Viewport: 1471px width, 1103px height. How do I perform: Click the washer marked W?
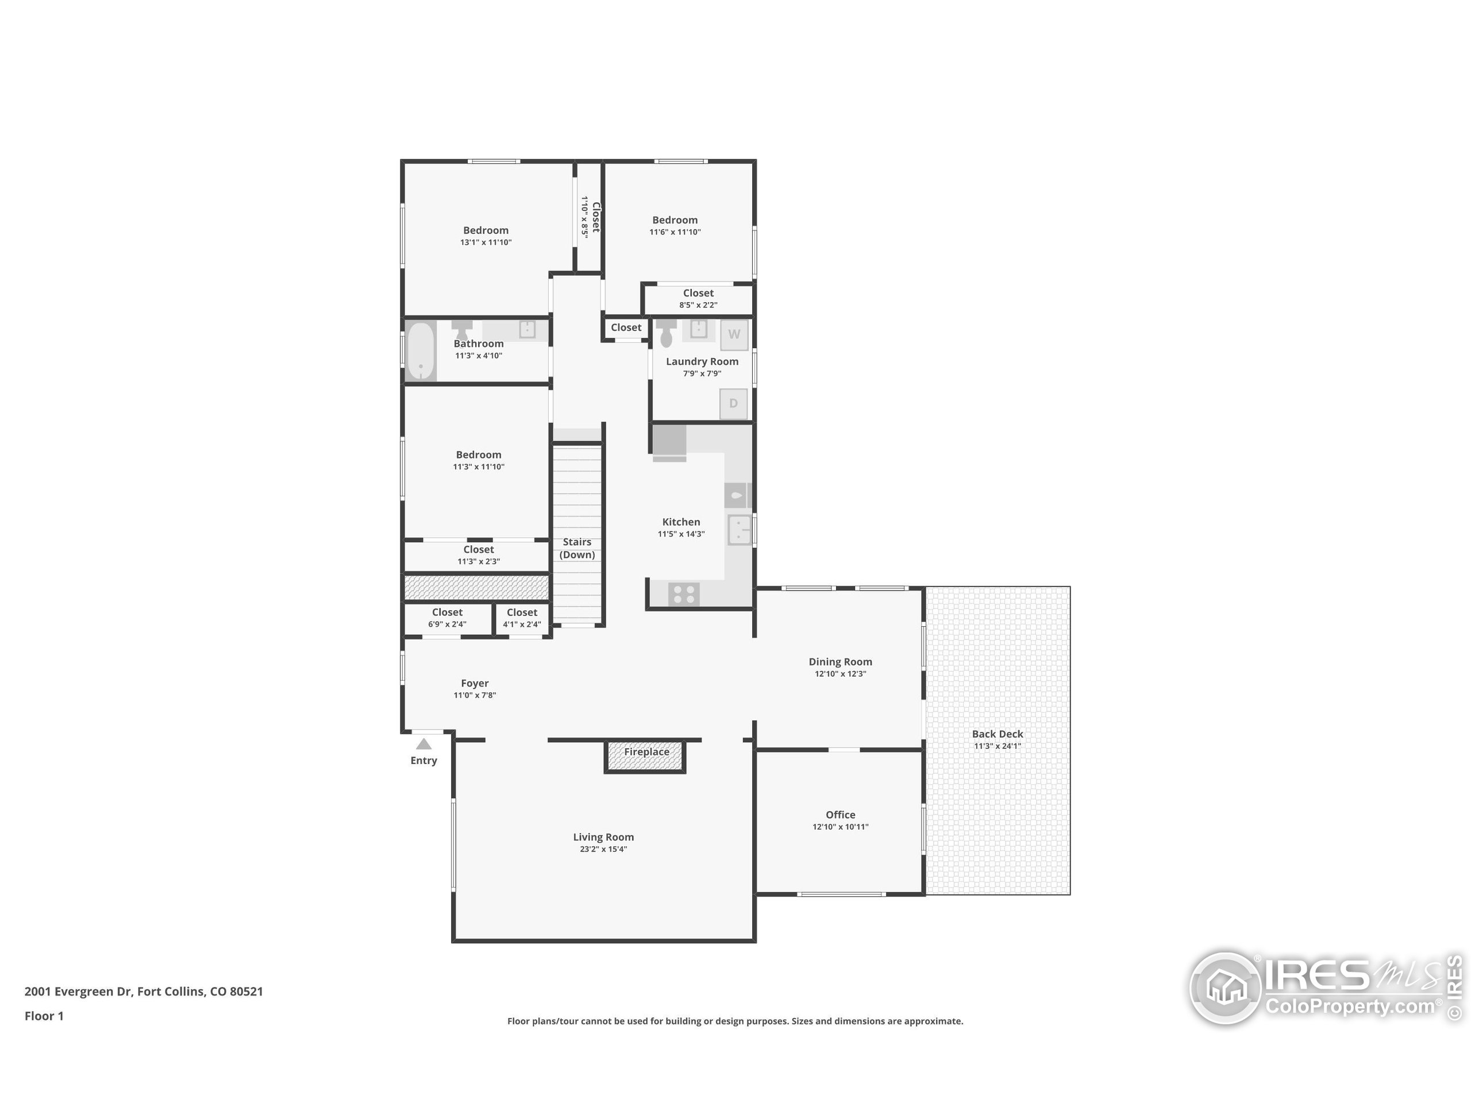point(734,334)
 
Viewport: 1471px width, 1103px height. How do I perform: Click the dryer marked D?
point(734,403)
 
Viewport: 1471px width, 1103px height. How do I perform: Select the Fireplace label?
point(646,752)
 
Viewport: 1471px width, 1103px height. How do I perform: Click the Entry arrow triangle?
point(423,744)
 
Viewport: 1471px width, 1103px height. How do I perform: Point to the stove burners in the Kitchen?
point(684,593)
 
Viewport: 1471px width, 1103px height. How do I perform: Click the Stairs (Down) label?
point(576,549)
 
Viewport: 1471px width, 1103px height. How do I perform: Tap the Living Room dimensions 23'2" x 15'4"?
point(603,849)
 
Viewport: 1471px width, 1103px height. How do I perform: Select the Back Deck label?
point(997,734)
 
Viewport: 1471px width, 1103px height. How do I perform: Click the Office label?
point(840,815)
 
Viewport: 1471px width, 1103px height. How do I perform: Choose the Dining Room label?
point(840,662)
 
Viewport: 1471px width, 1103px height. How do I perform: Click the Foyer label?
point(474,684)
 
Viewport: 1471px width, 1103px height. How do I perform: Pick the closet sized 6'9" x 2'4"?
point(447,618)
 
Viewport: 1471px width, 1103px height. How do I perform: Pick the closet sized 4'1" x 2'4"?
point(521,618)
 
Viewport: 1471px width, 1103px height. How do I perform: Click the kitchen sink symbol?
point(739,530)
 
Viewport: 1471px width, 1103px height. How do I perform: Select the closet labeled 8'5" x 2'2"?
point(698,299)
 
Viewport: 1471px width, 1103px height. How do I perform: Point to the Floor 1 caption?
point(44,1016)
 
